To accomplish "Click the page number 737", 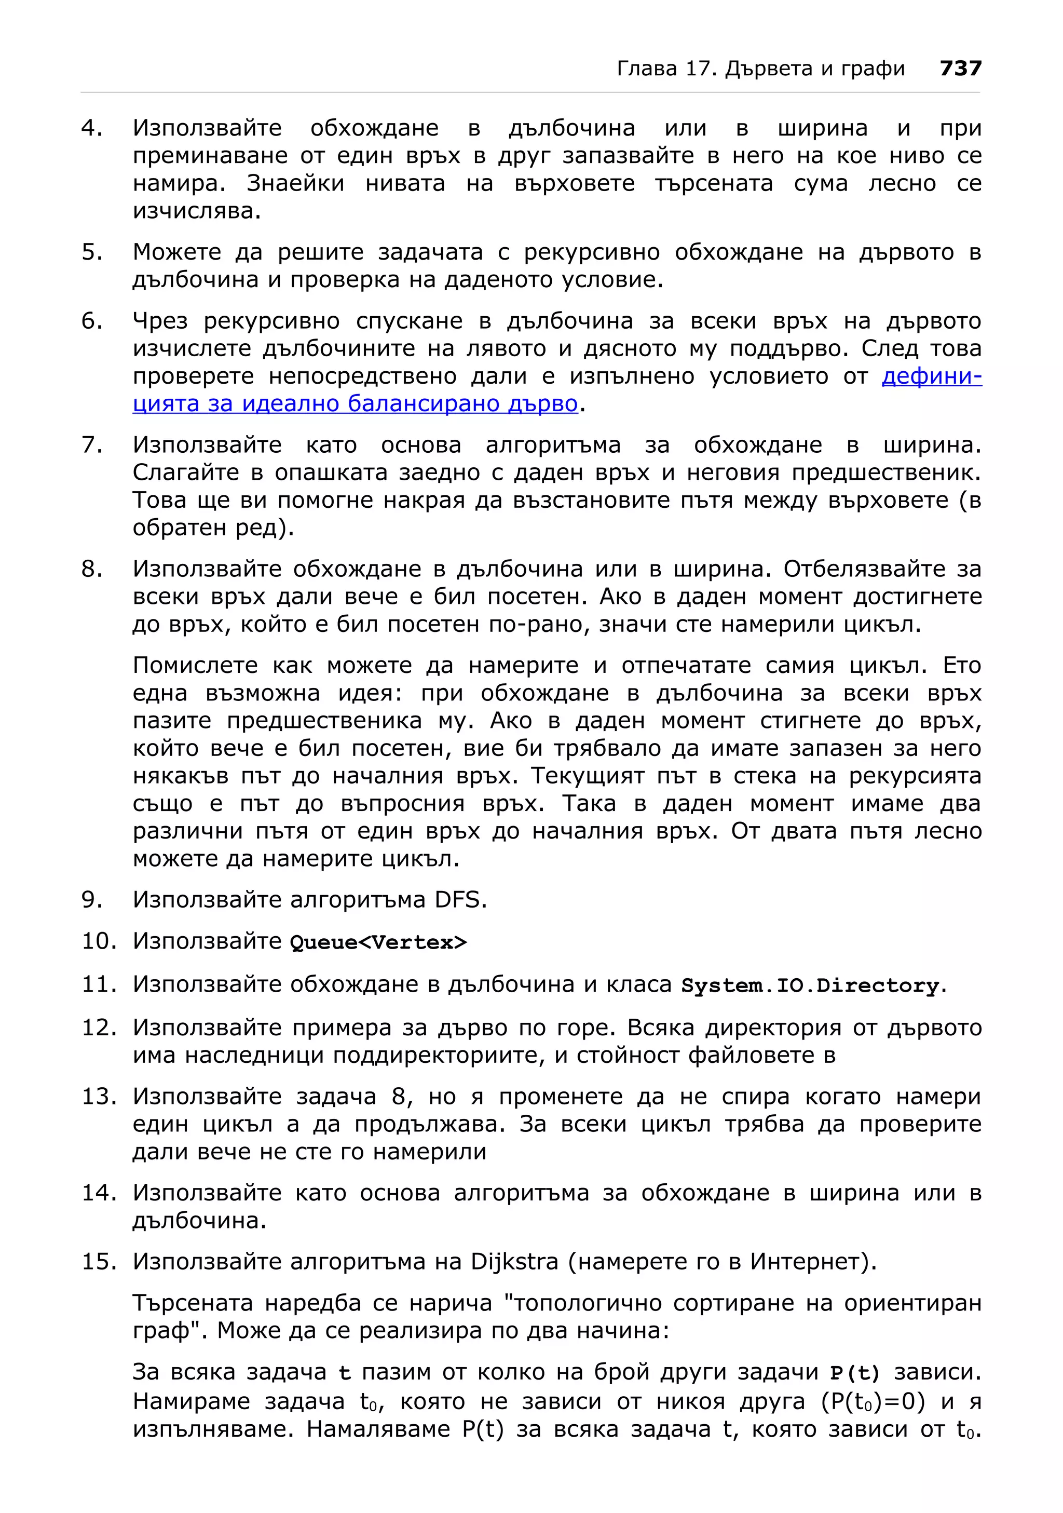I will click(x=960, y=69).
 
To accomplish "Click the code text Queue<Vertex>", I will click(x=378, y=942).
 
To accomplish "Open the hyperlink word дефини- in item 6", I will click(x=931, y=376).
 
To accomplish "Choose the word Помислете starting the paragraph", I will click(x=195, y=666).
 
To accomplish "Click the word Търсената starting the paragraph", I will click(x=193, y=1303).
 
